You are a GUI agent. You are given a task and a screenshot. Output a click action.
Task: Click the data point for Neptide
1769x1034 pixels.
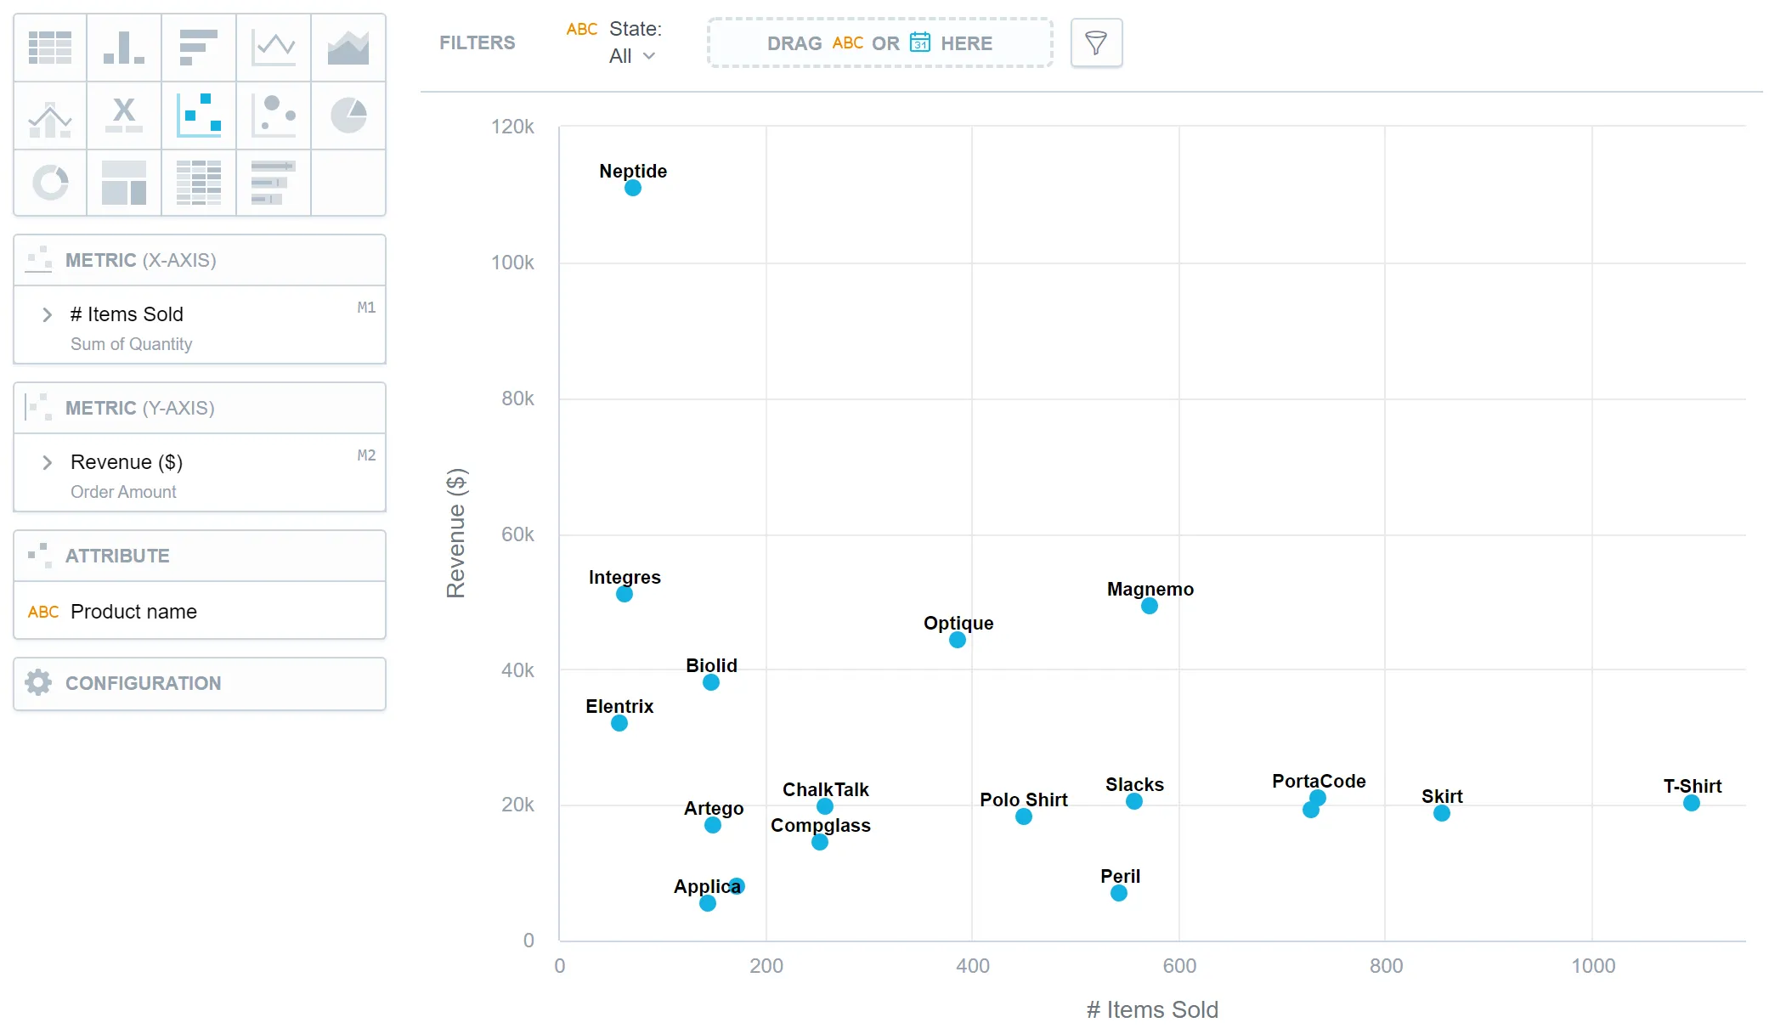(x=632, y=188)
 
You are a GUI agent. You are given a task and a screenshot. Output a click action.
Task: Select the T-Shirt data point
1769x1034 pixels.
(x=1691, y=803)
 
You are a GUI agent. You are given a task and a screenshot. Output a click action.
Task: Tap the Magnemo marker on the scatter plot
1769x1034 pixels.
(x=1149, y=606)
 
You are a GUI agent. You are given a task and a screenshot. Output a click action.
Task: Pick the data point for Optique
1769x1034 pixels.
(x=957, y=640)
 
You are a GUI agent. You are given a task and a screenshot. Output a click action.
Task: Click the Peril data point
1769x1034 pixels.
(x=1118, y=893)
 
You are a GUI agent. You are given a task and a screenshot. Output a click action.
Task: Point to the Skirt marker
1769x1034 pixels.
(x=1441, y=813)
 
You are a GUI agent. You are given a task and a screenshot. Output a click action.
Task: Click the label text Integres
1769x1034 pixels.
(x=625, y=577)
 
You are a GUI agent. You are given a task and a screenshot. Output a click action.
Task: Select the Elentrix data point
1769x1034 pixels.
(x=619, y=723)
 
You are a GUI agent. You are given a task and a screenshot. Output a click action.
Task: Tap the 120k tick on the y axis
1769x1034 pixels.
(x=512, y=127)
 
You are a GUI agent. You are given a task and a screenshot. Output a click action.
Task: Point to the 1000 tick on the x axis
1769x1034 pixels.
(x=1592, y=965)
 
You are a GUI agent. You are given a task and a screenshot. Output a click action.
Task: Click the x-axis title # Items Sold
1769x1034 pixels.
(x=1151, y=1009)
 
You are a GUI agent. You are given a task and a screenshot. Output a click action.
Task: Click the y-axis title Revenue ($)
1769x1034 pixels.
(x=456, y=533)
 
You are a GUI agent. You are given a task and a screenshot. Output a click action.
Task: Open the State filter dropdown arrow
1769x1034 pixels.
(x=649, y=56)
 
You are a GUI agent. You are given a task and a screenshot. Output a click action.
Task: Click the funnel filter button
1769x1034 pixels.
(x=1096, y=42)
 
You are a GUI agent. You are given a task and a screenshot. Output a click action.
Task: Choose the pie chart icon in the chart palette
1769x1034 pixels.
(x=348, y=116)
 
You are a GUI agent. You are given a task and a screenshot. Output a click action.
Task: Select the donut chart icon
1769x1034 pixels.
(x=50, y=182)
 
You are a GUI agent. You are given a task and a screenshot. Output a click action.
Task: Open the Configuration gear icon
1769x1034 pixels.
(x=38, y=682)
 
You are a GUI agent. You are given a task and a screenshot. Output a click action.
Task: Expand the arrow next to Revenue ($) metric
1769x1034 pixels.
(x=48, y=462)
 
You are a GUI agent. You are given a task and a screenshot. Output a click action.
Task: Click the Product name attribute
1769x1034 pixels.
(x=133, y=612)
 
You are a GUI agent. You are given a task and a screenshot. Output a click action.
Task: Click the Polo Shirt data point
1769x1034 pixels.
(x=1023, y=816)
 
